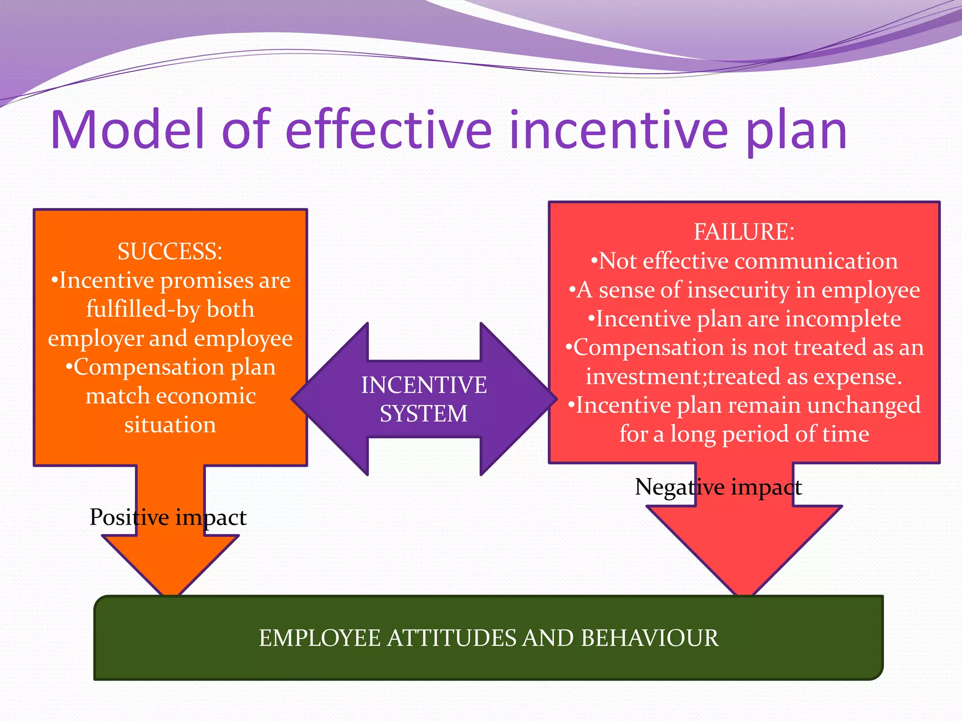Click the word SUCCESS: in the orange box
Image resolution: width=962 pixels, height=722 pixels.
tap(170, 251)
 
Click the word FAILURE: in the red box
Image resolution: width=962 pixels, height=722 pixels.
tap(744, 232)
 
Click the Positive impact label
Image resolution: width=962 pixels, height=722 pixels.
tap(168, 518)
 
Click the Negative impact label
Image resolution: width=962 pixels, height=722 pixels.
tap(718, 487)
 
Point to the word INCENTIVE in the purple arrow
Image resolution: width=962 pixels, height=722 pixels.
tap(424, 385)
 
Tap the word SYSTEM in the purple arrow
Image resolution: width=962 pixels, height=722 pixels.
tap(424, 414)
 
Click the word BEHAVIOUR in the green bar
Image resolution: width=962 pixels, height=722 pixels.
tap(649, 638)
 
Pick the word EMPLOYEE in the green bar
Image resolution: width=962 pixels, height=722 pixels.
tap(319, 638)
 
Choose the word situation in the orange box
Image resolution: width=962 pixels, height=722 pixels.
tap(170, 425)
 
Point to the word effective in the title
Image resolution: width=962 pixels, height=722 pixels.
tap(388, 129)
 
